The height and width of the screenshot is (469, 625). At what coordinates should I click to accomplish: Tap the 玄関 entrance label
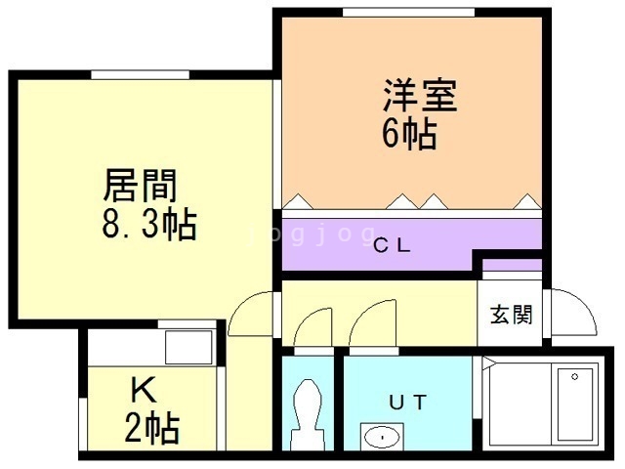511,315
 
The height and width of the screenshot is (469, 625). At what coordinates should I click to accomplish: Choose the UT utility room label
409,400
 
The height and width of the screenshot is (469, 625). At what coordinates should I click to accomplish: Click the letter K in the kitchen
145,392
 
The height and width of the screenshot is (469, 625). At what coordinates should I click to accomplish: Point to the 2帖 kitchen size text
150,428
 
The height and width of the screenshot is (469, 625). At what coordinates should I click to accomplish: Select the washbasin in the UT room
381,435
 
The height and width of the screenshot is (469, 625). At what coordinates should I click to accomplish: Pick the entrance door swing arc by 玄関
571,311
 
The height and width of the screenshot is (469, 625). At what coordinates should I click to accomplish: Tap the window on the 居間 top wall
140,74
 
